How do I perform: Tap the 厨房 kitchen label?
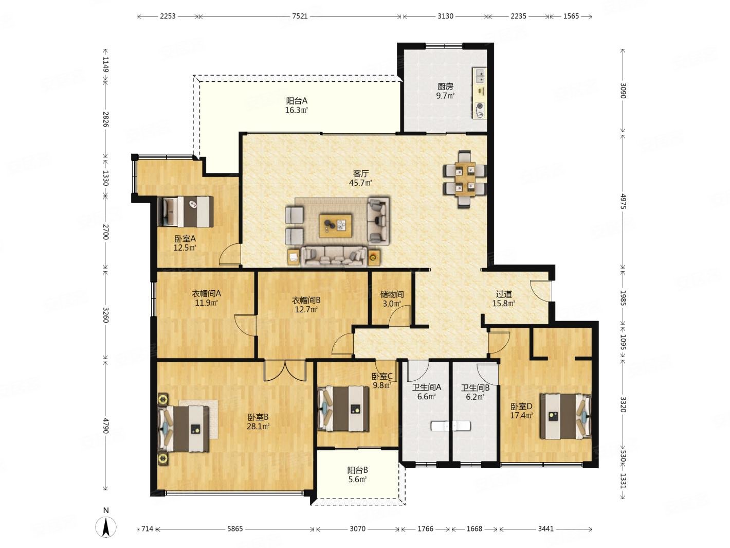[445, 87]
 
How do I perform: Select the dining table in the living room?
[465, 180]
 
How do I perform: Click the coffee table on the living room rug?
[335, 226]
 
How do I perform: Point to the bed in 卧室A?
[186, 211]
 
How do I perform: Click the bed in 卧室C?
[343, 409]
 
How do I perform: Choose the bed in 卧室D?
[565, 416]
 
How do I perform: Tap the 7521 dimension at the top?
[300, 16]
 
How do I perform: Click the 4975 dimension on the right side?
[623, 201]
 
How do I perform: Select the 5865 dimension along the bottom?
[235, 529]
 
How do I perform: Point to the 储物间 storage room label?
[392, 294]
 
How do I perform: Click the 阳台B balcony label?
[357, 470]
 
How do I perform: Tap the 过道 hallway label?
[503, 294]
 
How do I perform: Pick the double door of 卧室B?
[285, 370]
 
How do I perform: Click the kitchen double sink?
[479, 76]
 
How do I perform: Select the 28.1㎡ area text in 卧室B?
[258, 426]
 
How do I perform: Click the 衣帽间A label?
[206, 294]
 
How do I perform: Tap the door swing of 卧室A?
[229, 255]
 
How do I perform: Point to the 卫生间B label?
[475, 387]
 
